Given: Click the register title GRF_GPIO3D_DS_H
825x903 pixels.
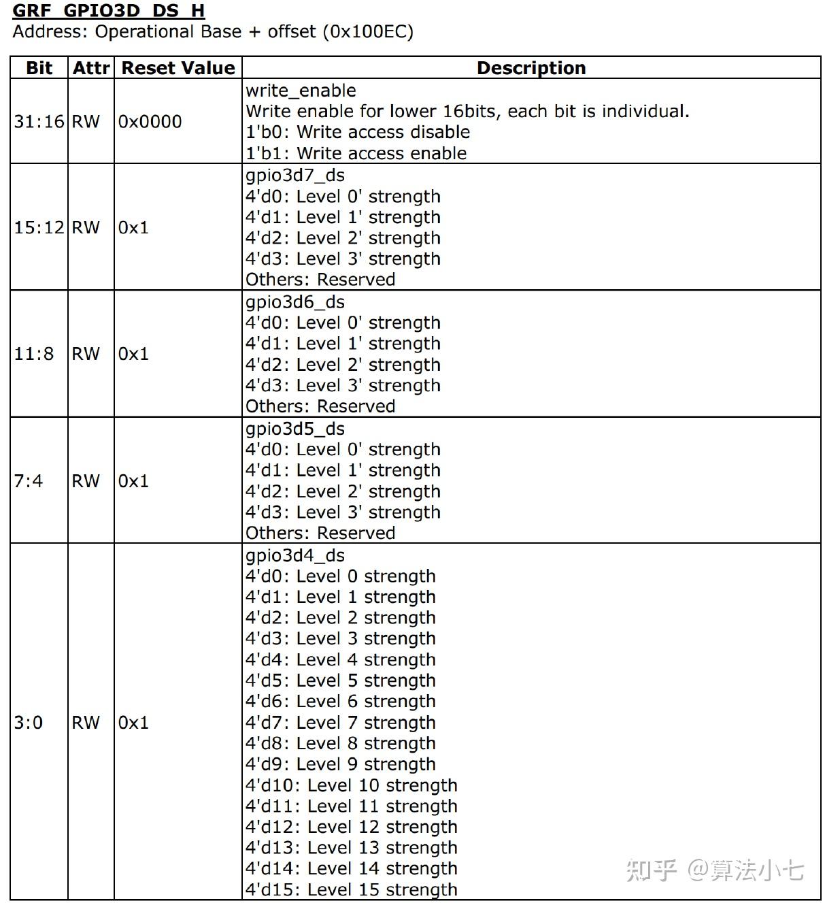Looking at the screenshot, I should point(109,11).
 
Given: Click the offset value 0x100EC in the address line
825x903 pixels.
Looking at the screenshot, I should point(367,32).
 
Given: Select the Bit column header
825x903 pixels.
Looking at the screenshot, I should point(39,68).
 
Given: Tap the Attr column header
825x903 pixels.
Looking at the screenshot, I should point(91,68).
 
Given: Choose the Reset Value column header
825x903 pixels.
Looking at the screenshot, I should point(178,68).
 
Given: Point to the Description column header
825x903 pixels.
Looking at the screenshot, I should point(531,68).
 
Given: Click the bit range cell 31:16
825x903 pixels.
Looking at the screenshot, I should point(39,122).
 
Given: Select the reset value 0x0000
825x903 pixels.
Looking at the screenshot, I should point(150,122).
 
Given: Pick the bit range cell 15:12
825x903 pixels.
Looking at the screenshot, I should point(39,227).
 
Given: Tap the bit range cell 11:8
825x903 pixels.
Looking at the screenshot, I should point(34,354).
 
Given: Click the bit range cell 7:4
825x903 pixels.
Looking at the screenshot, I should point(29,481).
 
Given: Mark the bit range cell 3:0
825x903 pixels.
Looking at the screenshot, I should point(29,723).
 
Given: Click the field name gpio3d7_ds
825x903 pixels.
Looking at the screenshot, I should point(295,176).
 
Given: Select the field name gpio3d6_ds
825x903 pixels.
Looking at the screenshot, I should point(295,302).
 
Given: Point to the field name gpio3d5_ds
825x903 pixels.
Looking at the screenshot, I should point(295,429).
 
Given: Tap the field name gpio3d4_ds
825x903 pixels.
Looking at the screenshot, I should point(295,555).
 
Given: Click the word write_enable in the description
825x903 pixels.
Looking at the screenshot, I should point(301,91).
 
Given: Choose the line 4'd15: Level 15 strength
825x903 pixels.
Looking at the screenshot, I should point(351,889).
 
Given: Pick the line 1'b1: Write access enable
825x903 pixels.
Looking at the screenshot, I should point(356,153).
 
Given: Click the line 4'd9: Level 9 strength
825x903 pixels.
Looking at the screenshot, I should point(340,764).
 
